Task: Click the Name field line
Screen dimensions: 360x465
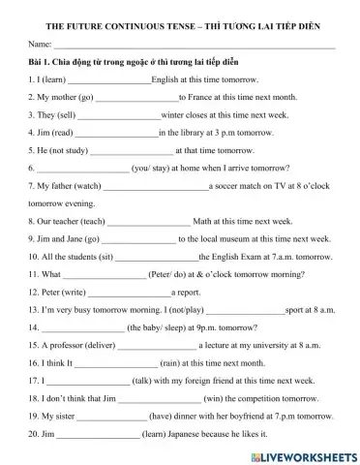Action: [194, 46]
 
